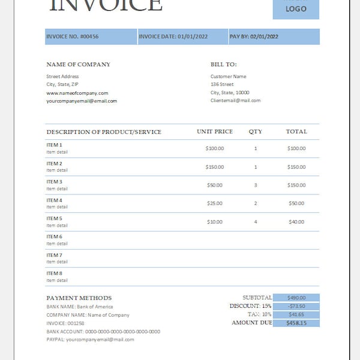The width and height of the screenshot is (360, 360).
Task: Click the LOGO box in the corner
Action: click(x=296, y=8)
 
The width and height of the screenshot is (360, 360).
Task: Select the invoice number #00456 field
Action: click(x=73, y=37)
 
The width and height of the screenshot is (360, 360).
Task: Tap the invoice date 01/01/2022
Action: click(x=173, y=37)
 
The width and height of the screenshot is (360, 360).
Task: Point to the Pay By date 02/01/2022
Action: click(x=254, y=37)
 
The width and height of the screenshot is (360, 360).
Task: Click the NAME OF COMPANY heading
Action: click(x=78, y=64)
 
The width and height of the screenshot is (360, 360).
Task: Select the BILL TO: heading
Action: click(x=223, y=64)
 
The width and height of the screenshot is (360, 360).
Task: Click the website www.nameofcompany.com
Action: click(x=77, y=93)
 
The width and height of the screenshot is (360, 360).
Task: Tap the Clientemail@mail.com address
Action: click(x=235, y=100)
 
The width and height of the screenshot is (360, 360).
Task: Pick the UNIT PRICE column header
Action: click(x=215, y=131)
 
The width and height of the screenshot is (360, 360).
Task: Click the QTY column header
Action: click(x=256, y=131)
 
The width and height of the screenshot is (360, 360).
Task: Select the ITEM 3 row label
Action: click(x=54, y=182)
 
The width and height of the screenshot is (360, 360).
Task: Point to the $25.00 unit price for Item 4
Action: click(x=215, y=203)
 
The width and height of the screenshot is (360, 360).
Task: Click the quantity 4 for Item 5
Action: click(x=256, y=222)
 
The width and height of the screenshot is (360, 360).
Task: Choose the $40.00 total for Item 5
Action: click(x=296, y=222)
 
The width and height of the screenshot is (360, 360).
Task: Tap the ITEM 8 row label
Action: click(x=54, y=274)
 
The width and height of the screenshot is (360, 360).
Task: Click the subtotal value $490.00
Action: click(x=296, y=298)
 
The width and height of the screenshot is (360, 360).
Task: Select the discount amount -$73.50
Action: click(x=296, y=306)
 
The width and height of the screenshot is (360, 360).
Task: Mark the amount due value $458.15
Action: click(x=296, y=323)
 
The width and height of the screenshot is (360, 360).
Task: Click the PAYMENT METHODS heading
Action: click(x=79, y=298)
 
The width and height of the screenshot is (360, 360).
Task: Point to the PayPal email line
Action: click(x=90, y=339)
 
